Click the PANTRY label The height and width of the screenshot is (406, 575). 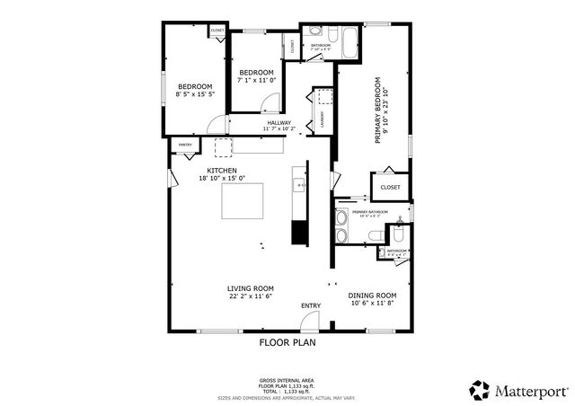tap(185, 144)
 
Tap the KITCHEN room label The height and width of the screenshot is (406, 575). tap(222, 170)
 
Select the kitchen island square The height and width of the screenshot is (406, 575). tap(243, 201)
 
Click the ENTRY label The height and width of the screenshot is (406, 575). tap(311, 305)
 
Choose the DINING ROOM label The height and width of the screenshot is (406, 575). tap(373, 296)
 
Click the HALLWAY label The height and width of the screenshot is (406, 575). tap(279, 122)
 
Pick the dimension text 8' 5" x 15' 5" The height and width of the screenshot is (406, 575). tap(194, 93)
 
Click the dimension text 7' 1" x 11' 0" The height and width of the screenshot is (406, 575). tap(255, 80)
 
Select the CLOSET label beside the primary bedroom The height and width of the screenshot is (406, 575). tap(390, 187)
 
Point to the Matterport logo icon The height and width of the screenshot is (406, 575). tap(480, 390)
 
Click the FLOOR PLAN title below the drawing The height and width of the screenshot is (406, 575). tap(287, 342)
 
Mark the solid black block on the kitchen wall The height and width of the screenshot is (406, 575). tap(298, 232)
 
